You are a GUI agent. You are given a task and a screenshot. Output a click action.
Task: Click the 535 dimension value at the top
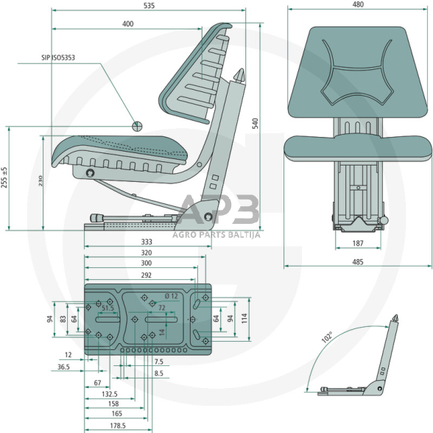[x=149, y=6]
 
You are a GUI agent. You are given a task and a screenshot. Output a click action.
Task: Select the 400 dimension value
[x=128, y=24]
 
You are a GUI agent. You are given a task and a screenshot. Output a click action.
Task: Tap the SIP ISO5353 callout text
[x=58, y=57]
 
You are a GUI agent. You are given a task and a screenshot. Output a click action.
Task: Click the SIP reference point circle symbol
[x=137, y=126]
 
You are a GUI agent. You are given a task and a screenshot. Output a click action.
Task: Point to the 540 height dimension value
[x=255, y=124]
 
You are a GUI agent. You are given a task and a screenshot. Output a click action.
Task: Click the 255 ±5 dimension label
[x=4, y=177]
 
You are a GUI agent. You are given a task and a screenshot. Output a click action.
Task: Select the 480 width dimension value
[x=358, y=4]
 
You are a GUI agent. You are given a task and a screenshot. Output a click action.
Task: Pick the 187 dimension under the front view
[x=358, y=243]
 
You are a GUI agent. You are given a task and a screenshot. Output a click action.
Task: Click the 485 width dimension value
[x=358, y=262]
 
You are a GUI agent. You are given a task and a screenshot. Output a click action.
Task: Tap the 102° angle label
[x=327, y=337]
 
